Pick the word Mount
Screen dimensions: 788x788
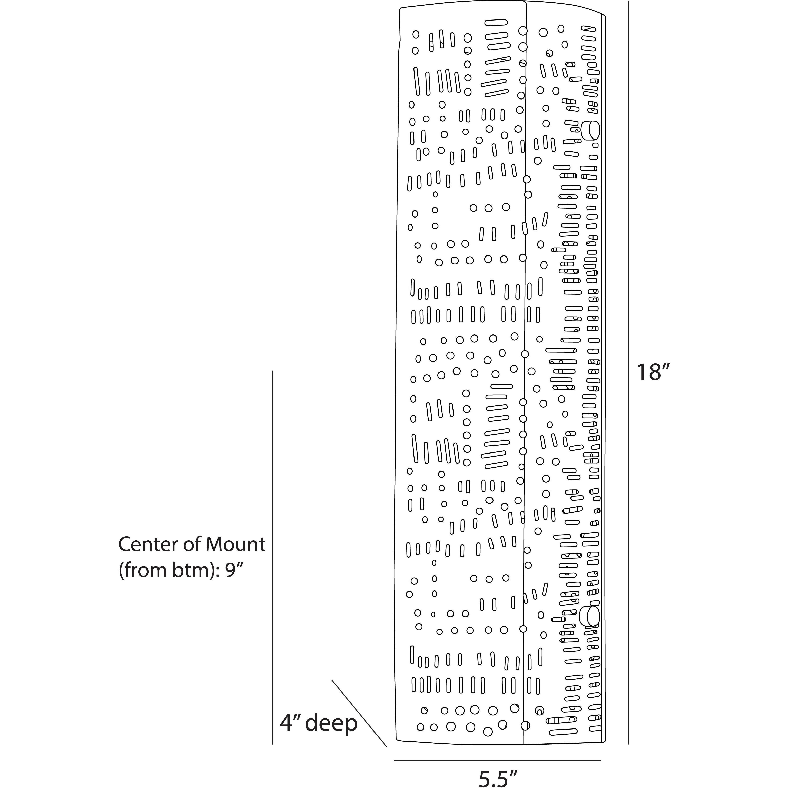pyautogui.click(x=235, y=545)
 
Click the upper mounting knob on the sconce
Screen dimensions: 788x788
pyautogui.click(x=590, y=130)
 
